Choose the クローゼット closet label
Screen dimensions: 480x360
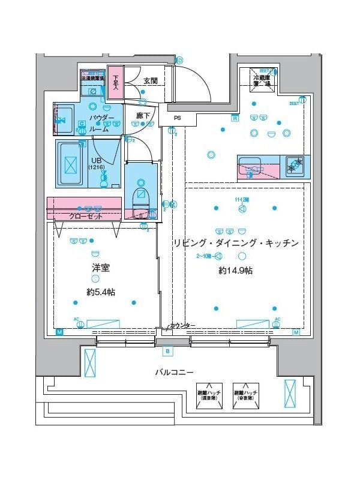pyautogui.click(x=85, y=216)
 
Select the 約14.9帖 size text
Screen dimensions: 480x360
pyautogui.click(x=235, y=271)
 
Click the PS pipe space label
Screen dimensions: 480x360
pyautogui.click(x=177, y=118)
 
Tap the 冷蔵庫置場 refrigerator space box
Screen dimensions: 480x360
pyautogui.click(x=263, y=81)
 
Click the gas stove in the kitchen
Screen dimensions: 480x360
pyautogui.click(x=294, y=164)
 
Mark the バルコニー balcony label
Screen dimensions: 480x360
pyautogui.click(x=174, y=372)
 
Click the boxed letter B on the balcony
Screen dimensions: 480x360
pyautogui.click(x=167, y=351)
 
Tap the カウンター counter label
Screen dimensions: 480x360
pyautogui.click(x=182, y=325)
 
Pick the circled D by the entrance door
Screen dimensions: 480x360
pyautogui.click(x=179, y=59)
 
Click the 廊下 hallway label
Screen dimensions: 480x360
pyautogui.click(x=142, y=115)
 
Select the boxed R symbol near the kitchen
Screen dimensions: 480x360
pyautogui.click(x=235, y=118)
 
